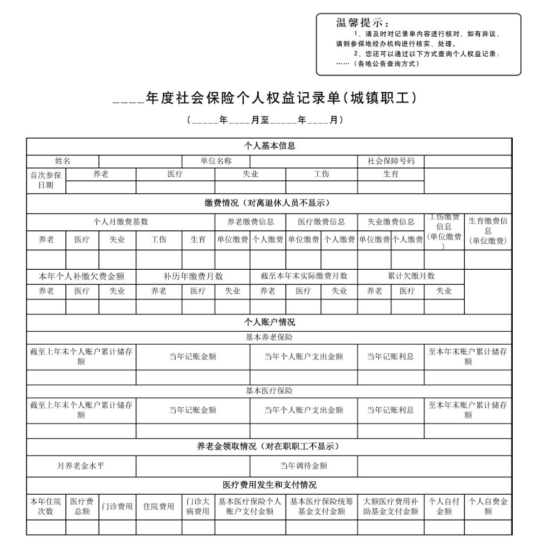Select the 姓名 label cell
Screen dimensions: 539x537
click(63, 161)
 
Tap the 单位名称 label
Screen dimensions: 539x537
click(216, 161)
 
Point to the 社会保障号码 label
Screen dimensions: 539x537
click(391, 161)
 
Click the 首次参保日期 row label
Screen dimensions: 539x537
click(46, 180)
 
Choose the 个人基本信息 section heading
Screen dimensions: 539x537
click(269, 146)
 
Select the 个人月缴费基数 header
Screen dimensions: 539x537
click(121, 222)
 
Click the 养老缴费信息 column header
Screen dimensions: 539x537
click(250, 222)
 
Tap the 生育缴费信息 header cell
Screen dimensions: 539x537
click(487, 230)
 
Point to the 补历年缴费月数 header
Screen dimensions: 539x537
click(192, 276)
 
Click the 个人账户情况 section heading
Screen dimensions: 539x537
click(269, 322)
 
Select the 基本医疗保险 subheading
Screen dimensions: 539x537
click(269, 391)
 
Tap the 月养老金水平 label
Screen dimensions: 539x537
click(81, 466)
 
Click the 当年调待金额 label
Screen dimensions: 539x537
click(303, 466)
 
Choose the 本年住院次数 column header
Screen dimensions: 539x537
click(46, 506)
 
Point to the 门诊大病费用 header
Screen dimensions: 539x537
click(198, 506)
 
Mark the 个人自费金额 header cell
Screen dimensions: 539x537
click(487, 506)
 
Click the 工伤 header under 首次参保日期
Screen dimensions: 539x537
click(321, 174)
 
